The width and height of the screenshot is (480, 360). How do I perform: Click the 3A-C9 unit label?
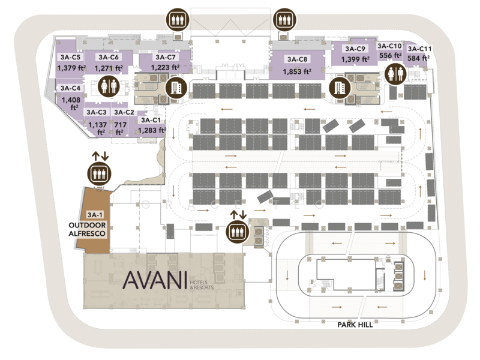click(x=355, y=49)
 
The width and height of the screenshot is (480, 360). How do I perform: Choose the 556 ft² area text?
click(x=390, y=55)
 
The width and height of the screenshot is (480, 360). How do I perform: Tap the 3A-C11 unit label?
click(x=419, y=49)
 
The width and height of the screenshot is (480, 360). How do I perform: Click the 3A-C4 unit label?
click(x=67, y=88)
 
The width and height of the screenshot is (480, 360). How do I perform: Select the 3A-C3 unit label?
click(x=96, y=112)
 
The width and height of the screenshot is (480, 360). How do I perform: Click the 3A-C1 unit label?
click(x=149, y=119)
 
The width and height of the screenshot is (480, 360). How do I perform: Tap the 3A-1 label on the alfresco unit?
click(x=95, y=215)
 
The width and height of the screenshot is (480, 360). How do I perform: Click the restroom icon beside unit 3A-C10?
click(x=397, y=74)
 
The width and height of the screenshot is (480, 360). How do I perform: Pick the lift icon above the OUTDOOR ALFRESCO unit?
click(x=98, y=174)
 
